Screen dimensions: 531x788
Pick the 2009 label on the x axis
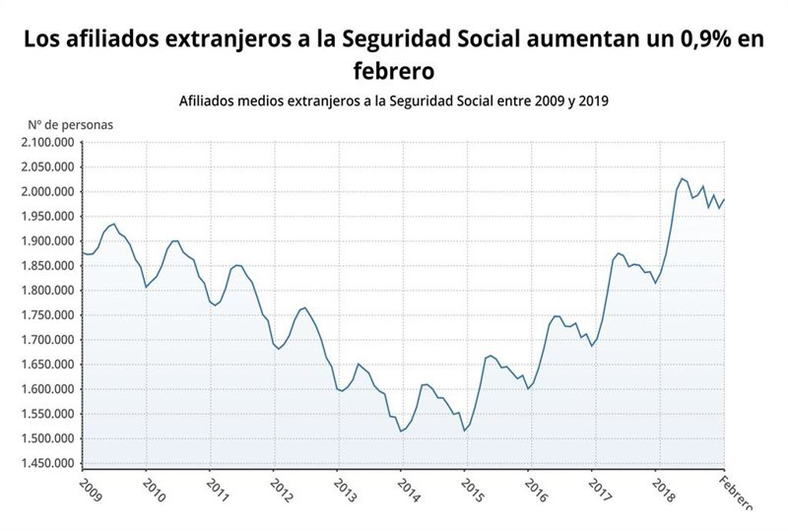coord(89,490)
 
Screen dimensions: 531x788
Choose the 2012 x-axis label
coord(281,490)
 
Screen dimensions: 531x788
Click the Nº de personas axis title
coord(70,125)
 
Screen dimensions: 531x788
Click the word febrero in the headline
coord(394,71)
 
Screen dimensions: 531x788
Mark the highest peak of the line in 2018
coord(683,178)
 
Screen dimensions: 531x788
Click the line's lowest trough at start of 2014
coord(402,431)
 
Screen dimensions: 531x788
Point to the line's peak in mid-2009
coord(114,224)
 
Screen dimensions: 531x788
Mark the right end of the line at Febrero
coord(725,199)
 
